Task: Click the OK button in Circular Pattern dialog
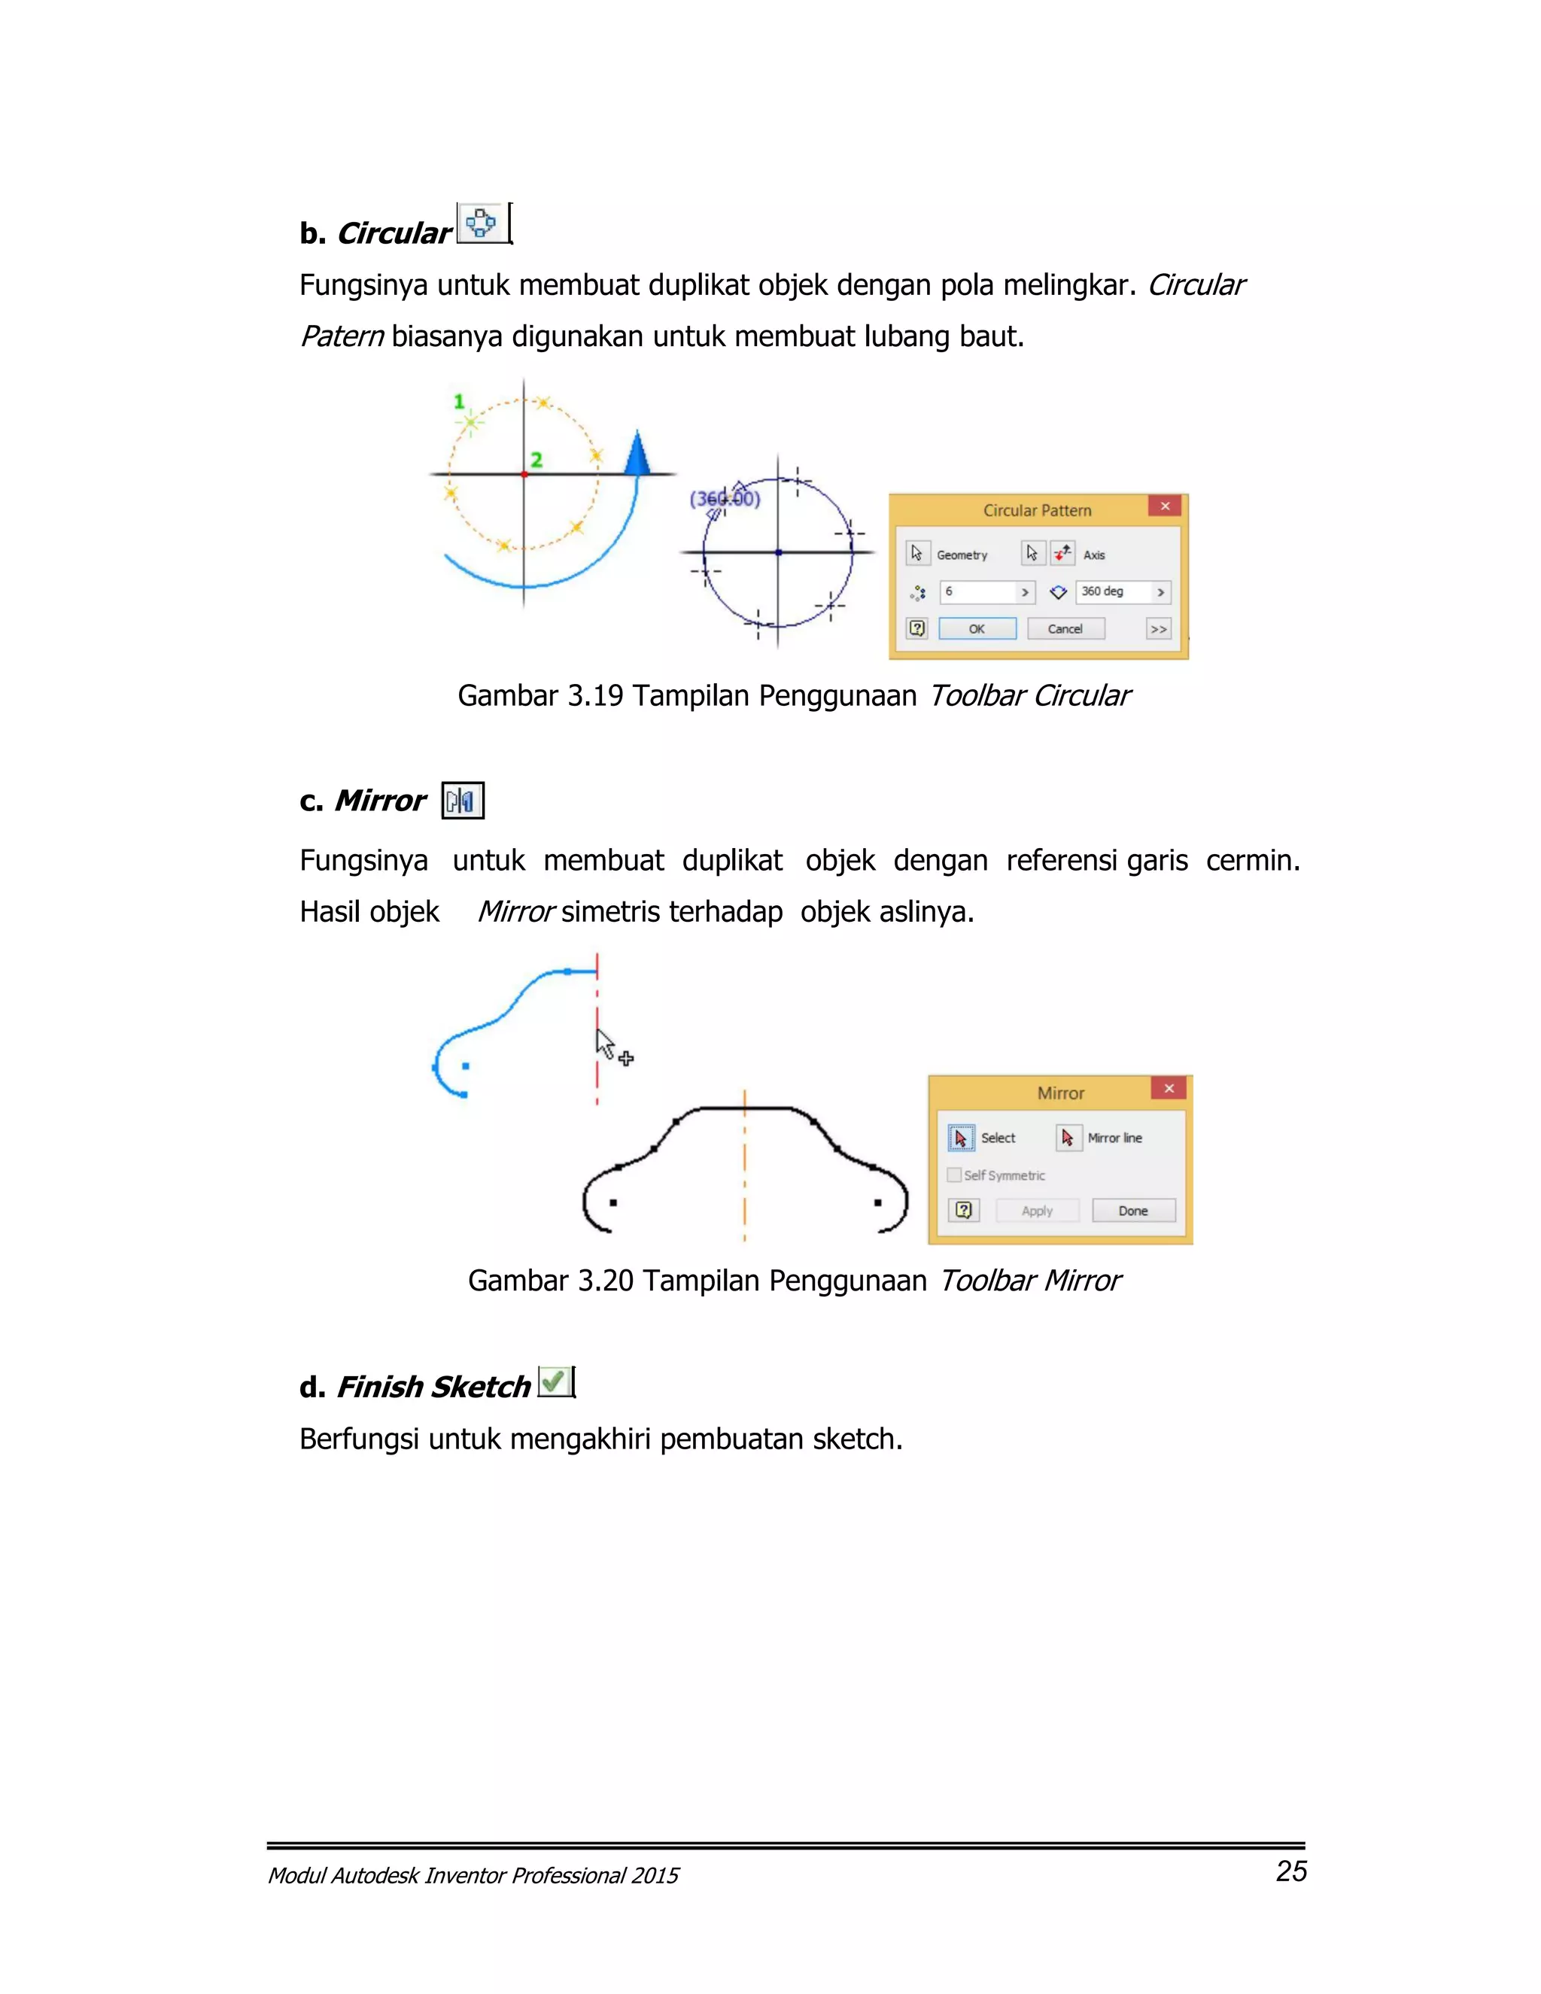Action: pos(977,629)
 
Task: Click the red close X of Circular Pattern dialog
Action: pos(1165,506)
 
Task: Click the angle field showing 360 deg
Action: pos(1113,591)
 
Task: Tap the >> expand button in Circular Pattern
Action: pos(1159,629)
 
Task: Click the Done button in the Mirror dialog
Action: pos(1133,1211)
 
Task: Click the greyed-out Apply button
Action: pos(1037,1211)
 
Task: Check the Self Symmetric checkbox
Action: pos(955,1175)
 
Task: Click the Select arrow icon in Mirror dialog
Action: pos(960,1138)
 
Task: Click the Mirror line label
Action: pos(1114,1138)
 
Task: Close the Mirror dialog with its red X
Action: pos(1169,1088)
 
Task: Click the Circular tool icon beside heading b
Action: pos(481,223)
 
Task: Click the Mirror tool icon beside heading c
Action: pos(463,801)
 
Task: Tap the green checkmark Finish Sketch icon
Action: pos(553,1382)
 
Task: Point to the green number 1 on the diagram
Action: pos(459,401)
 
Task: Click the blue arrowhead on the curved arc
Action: pos(637,454)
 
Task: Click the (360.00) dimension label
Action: pos(725,498)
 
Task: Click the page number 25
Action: pos(1291,1871)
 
